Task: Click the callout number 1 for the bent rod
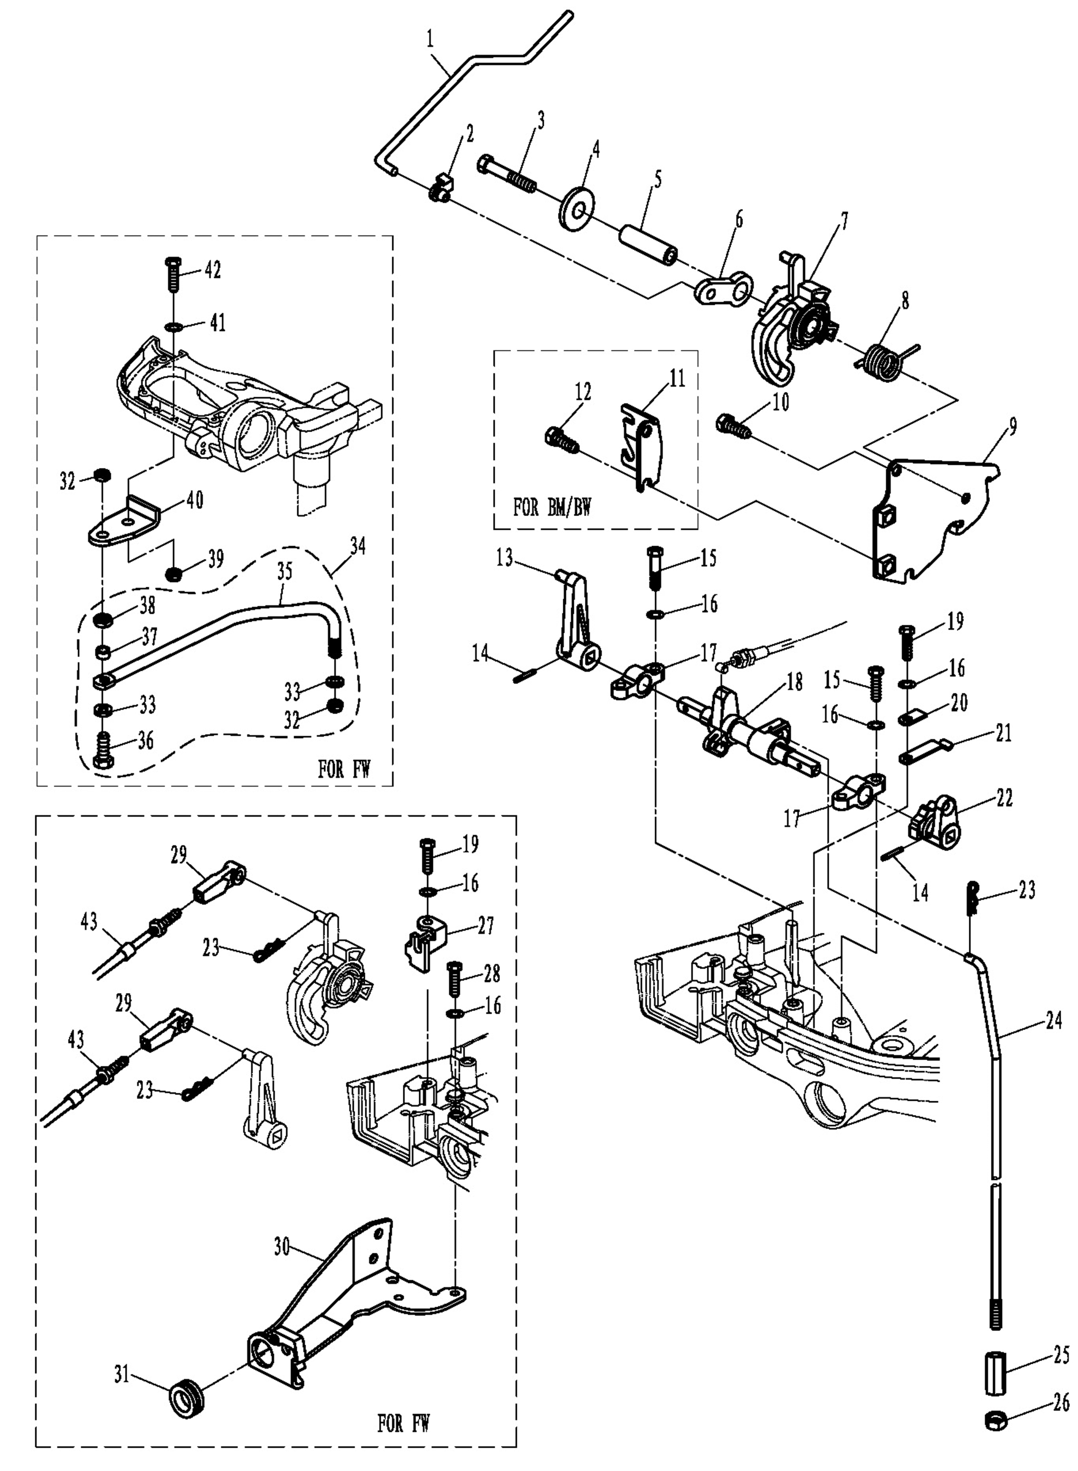430,40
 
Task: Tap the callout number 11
677,379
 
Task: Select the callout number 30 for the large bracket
281,1247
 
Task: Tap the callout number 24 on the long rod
1054,1020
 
